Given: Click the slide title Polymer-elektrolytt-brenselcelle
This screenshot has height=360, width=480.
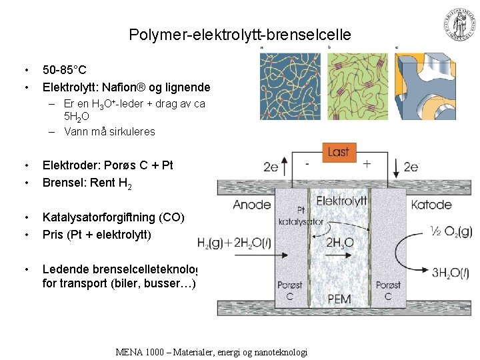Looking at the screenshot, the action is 239,34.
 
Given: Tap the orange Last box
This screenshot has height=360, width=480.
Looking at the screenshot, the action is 338,151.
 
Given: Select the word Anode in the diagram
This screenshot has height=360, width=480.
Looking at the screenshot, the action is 251,205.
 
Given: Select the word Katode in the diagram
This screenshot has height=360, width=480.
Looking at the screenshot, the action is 431,205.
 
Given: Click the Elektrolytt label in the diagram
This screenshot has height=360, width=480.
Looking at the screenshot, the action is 341,200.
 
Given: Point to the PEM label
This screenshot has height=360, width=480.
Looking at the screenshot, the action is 339,299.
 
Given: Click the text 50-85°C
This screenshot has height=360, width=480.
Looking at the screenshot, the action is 64,69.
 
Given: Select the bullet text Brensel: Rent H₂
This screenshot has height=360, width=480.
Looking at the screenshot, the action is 87,183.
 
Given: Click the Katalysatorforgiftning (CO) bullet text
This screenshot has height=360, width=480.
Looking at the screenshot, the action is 113,217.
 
